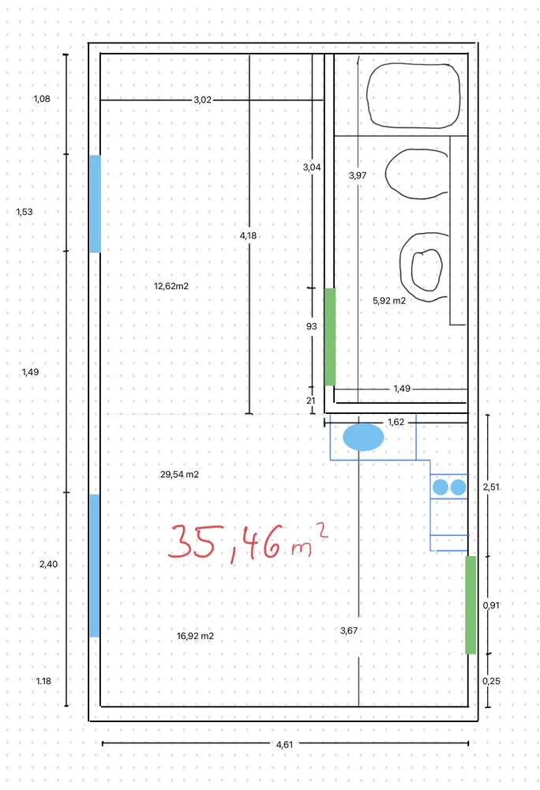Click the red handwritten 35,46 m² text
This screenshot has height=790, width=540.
(248, 542)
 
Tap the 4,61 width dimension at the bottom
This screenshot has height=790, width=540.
(284, 744)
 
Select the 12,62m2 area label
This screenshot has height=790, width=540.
(171, 286)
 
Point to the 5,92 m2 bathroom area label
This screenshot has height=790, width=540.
(389, 301)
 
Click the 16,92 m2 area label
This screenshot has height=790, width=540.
(195, 636)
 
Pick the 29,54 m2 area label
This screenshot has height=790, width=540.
(180, 475)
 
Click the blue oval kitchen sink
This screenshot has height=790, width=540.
(363, 438)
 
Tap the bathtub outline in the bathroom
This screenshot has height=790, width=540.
(413, 95)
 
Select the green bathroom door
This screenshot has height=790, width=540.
(330, 337)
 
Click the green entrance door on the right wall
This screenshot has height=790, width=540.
(471, 605)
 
